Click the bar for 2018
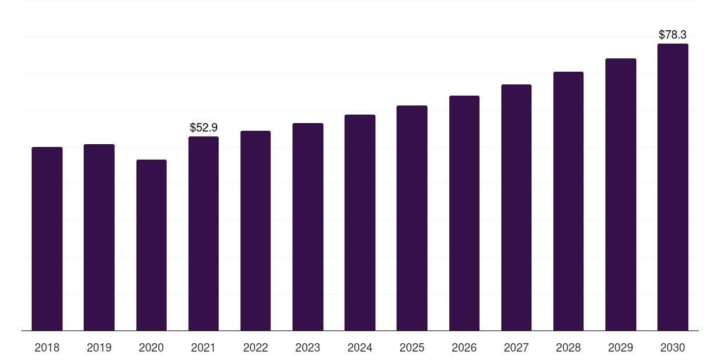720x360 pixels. [47, 239]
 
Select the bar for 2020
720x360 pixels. [151, 245]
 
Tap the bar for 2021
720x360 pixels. [203, 233]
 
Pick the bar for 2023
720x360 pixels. [308, 227]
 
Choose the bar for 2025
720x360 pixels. [412, 218]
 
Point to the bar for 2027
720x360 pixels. [516, 207]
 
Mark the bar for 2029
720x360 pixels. [621, 195]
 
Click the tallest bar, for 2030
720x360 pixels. [673, 187]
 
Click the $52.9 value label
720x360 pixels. [204, 127]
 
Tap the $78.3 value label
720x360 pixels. [673, 34]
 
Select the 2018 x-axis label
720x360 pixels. [47, 347]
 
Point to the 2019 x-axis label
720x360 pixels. [99, 347]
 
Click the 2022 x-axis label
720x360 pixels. [256, 347]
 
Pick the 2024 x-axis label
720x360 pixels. [360, 347]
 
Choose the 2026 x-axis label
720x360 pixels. [464, 347]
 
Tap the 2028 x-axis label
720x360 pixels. [568, 347]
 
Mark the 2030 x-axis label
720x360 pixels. [673, 347]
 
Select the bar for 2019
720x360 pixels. [99, 238]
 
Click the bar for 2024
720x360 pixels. [360, 223]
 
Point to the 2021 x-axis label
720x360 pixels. [203, 347]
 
